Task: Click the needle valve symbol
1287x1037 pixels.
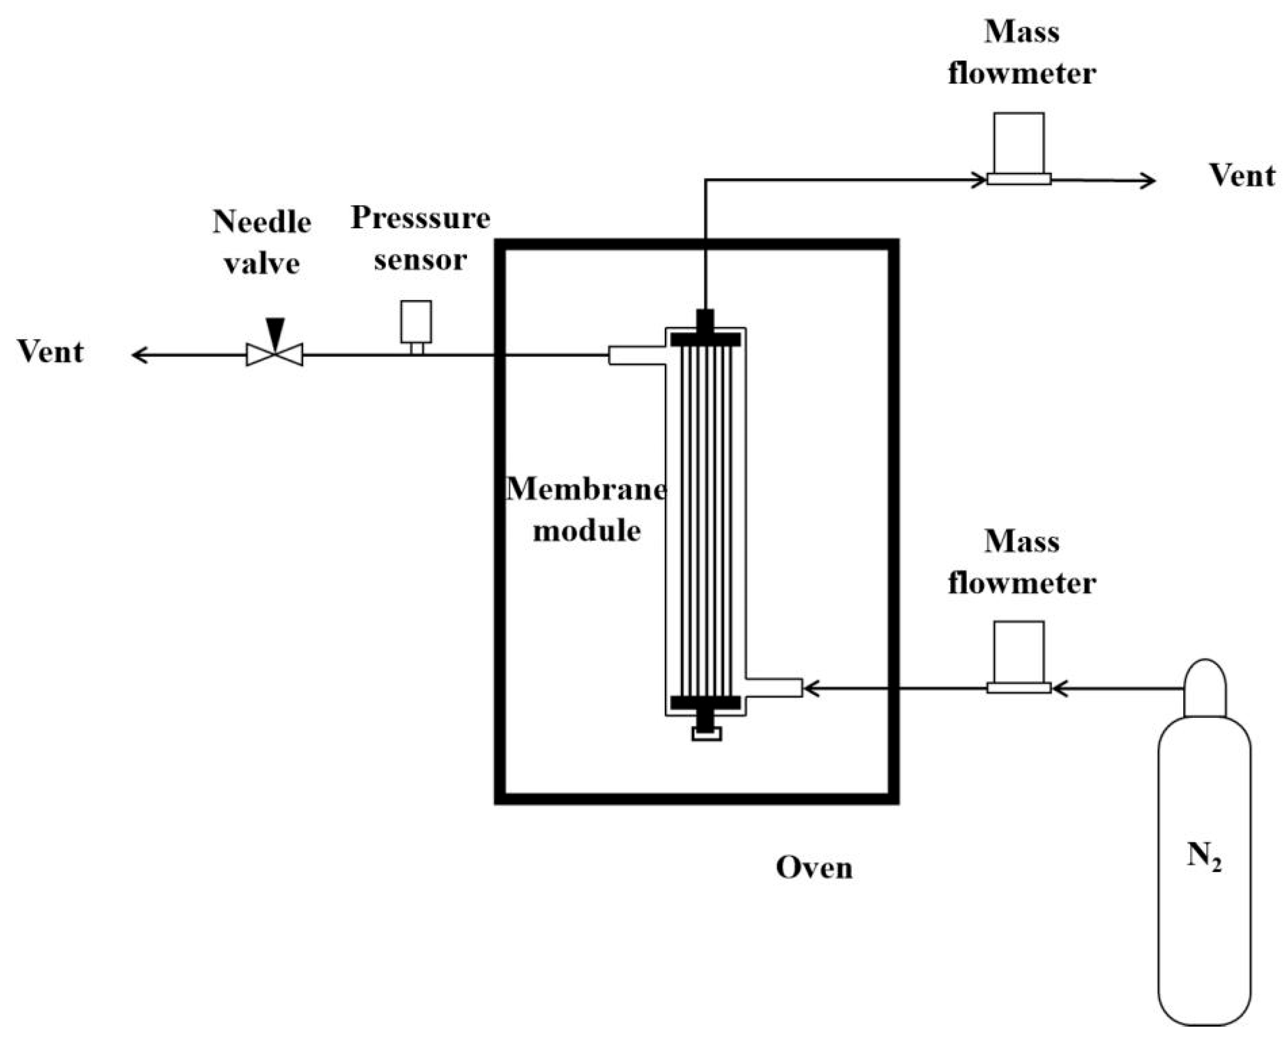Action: click(274, 354)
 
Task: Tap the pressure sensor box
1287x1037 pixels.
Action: click(416, 321)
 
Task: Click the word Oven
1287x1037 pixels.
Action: click(814, 868)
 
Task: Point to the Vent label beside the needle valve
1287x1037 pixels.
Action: click(50, 352)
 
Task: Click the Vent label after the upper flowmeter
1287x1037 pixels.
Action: click(1241, 176)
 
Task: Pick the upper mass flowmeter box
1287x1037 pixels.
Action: click(1019, 143)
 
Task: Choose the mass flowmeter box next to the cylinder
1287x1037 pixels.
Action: click(1019, 652)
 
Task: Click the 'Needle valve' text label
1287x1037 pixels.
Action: click(262, 243)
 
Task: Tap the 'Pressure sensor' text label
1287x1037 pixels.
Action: click(420, 239)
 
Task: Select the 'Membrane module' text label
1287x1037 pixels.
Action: click(586, 509)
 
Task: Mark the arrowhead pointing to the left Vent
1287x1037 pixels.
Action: click(140, 355)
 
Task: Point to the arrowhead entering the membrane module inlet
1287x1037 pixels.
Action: click(810, 689)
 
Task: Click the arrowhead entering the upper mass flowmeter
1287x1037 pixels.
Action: click(979, 179)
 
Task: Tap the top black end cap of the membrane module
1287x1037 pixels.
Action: click(705, 339)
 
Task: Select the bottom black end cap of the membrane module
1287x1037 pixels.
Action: click(705, 703)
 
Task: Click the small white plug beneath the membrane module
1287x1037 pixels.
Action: click(706, 734)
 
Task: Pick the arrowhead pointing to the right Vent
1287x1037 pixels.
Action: click(1147, 180)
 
